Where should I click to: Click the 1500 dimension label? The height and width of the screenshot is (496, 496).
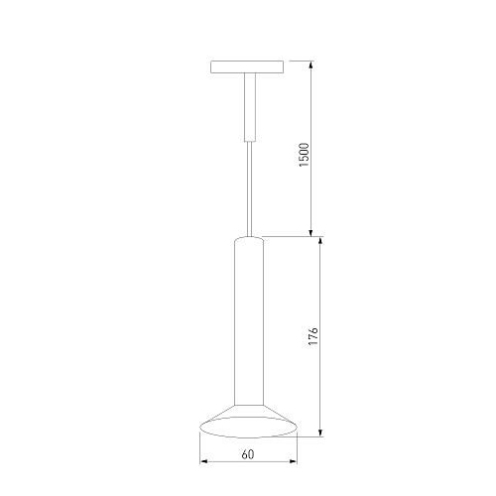tap(304, 155)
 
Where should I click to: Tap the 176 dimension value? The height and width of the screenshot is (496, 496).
tap(312, 336)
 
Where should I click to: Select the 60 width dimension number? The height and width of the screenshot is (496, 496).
tap(248, 454)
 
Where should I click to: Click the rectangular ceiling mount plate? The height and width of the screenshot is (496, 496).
tap(247, 66)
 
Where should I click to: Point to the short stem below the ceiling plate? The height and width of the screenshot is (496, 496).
tap(250, 107)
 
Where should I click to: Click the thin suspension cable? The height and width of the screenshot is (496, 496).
tap(250, 189)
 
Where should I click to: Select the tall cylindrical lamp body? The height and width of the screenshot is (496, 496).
tap(249, 320)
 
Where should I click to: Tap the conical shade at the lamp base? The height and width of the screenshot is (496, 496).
tap(249, 421)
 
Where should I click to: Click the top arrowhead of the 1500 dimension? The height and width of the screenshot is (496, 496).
tap(310, 64)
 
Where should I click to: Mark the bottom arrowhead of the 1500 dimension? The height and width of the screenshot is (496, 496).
tap(310, 233)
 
